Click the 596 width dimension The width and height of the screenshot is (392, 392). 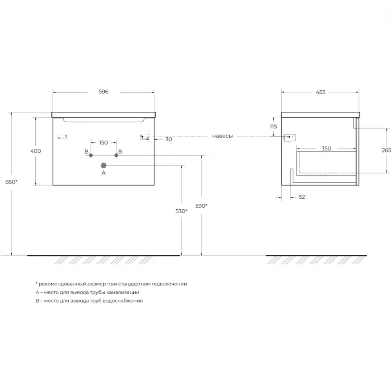[x=103, y=92]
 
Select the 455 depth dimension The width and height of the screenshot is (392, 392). [x=321, y=92]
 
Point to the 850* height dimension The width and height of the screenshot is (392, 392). [x=11, y=182]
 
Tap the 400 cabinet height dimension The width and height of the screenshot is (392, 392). [x=36, y=151]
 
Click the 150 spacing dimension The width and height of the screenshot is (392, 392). [x=103, y=143]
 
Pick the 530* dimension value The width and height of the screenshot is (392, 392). [x=181, y=211]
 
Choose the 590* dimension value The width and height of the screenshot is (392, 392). [x=201, y=206]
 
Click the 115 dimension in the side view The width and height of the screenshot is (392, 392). [x=273, y=127]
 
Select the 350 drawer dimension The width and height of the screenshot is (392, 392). [x=326, y=149]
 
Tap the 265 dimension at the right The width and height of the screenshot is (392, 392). [x=387, y=150]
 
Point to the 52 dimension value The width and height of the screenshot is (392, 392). [x=302, y=197]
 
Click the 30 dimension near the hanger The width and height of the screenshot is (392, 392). [x=169, y=139]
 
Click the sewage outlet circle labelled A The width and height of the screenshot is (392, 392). [x=103, y=165]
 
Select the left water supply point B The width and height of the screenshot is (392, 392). [x=91, y=155]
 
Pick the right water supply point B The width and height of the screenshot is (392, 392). [x=116, y=155]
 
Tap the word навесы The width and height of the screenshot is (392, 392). [x=223, y=136]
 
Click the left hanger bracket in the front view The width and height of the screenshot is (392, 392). [x=62, y=137]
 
